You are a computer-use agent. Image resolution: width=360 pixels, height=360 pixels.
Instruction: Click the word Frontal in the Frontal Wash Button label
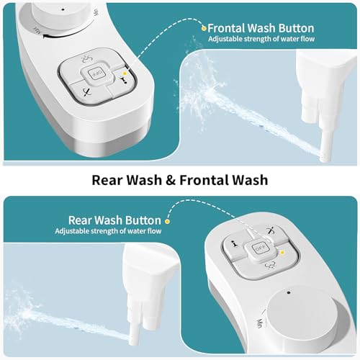coord(226,28)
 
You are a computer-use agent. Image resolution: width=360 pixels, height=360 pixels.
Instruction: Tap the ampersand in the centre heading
coord(171,180)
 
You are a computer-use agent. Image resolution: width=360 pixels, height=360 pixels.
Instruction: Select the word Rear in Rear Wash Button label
coord(81,220)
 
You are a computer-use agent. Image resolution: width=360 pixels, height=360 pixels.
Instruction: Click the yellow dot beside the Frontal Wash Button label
coord(204,29)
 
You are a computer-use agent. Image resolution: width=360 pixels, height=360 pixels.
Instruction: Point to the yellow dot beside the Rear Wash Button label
coord(167,221)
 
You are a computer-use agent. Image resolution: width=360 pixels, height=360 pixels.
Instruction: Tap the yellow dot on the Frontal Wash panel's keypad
coord(124,73)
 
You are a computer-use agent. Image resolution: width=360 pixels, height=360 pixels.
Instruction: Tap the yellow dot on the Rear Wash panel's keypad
coord(282,252)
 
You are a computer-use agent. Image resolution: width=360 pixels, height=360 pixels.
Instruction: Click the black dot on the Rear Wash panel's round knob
coord(289,292)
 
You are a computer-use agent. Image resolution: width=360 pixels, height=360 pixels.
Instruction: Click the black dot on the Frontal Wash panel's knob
coord(63,10)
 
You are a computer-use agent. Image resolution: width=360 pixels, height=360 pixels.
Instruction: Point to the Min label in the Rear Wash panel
coord(259,323)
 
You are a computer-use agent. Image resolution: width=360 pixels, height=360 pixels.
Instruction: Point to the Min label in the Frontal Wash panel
coord(96,12)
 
